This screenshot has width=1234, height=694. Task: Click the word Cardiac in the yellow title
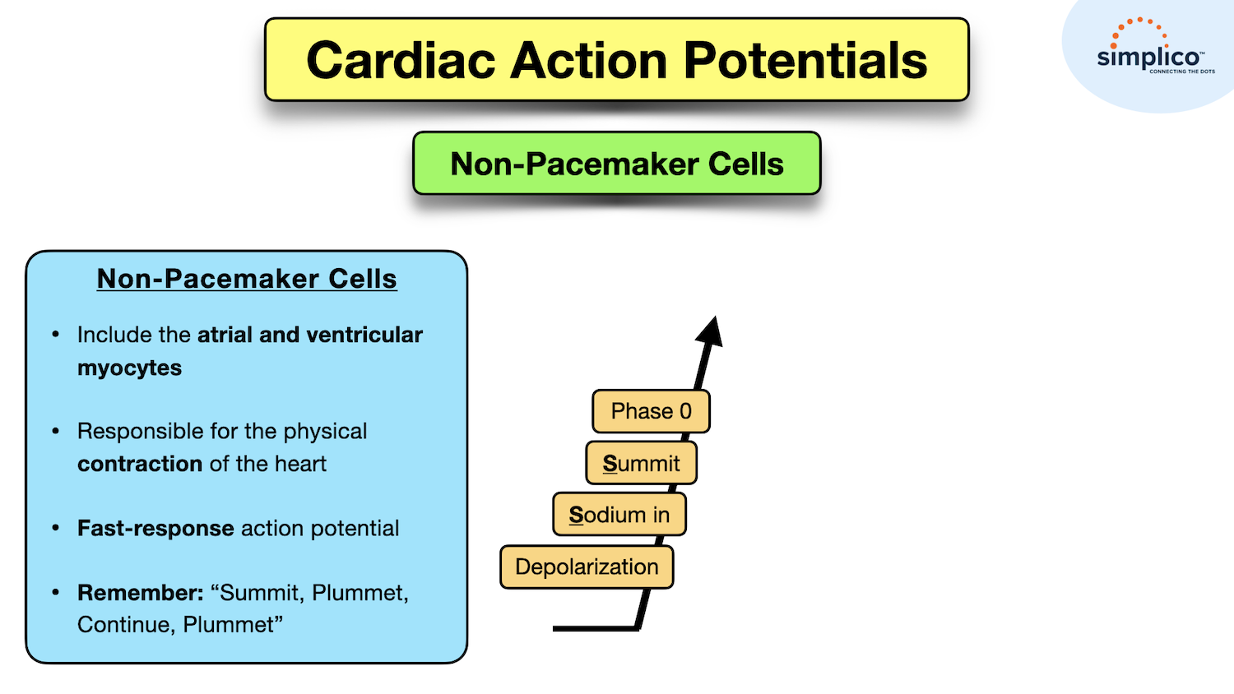point(401,60)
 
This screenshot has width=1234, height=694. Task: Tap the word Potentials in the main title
point(805,60)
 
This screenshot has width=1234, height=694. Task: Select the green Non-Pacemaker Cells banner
point(616,163)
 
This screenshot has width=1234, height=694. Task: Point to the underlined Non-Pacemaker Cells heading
point(247,279)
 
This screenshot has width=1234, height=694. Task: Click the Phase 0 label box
point(652,411)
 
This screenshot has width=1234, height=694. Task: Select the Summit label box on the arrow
point(641,463)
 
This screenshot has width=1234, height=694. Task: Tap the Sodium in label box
point(619,515)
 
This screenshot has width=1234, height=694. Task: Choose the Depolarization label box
point(587,567)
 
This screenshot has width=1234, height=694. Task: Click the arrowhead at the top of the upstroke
point(711,331)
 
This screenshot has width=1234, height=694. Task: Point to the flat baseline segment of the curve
point(595,628)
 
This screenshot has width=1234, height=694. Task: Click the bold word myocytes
point(129,368)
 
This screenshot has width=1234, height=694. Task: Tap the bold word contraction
point(140,464)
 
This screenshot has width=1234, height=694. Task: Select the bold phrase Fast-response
point(155,529)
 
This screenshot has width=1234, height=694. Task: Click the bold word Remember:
point(141,593)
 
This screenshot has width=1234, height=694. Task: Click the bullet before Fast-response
point(56,528)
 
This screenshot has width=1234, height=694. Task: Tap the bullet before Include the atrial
point(56,334)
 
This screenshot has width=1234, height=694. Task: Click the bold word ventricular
point(364,335)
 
